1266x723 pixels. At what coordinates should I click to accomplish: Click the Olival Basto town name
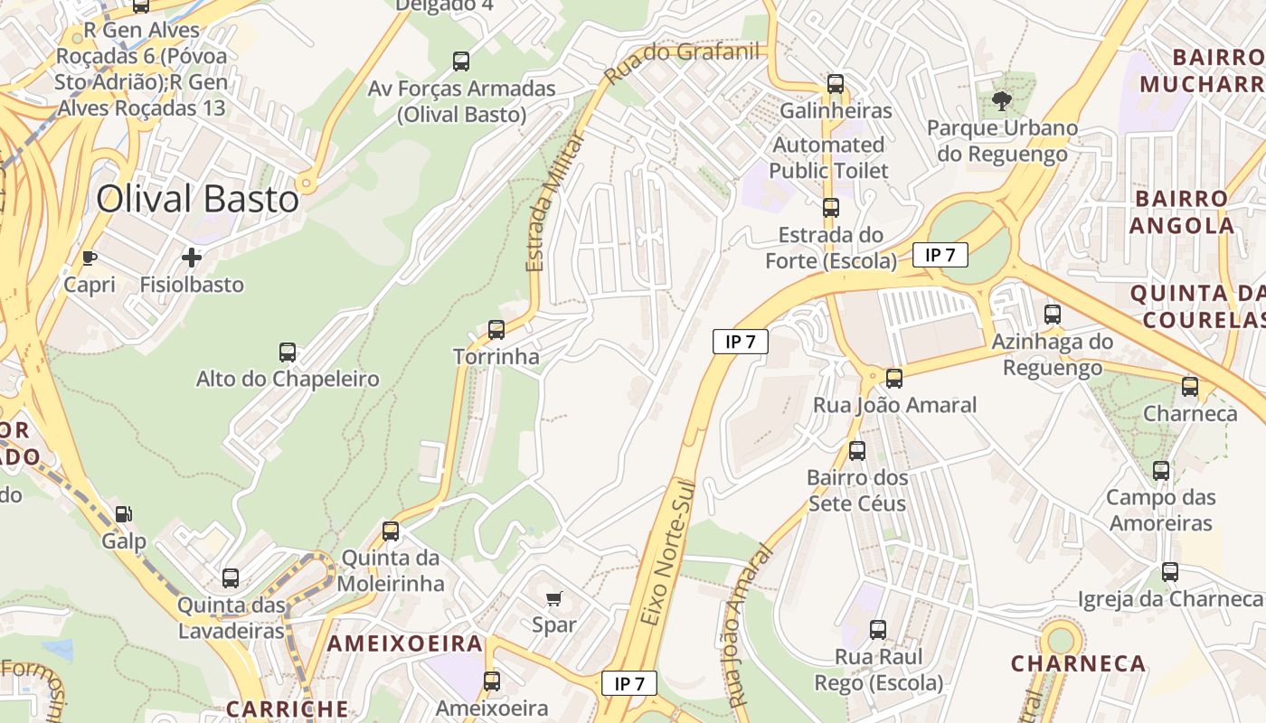pos(197,199)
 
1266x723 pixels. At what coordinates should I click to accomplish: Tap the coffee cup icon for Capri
pos(90,258)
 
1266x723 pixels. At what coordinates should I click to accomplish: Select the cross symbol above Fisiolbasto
pos(192,258)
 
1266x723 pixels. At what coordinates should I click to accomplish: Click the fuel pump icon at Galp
pos(123,514)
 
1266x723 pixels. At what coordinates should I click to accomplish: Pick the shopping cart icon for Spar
pos(554,598)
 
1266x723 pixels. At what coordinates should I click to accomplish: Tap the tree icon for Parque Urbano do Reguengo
pos(1001,100)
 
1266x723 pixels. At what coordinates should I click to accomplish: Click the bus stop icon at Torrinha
pos(496,330)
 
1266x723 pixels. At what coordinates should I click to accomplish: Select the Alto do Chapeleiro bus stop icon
pos(288,352)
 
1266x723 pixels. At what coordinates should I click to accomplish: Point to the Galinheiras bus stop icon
pos(836,84)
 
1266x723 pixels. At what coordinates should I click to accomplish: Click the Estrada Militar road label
pos(549,202)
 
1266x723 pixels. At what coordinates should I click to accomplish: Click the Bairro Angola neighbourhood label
pos(1182,211)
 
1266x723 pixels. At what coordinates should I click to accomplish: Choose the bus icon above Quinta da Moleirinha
pos(391,531)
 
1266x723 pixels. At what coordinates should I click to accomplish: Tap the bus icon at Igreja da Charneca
pos(1170,572)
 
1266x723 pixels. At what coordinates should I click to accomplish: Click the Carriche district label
pos(287,709)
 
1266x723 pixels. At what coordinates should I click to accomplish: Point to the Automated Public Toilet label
pos(828,157)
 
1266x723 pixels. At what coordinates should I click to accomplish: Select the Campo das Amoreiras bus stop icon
pos(1161,471)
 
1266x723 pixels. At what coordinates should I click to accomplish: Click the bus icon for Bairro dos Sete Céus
pos(857,450)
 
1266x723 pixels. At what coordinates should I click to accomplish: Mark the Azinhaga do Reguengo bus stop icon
pos(1053,315)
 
